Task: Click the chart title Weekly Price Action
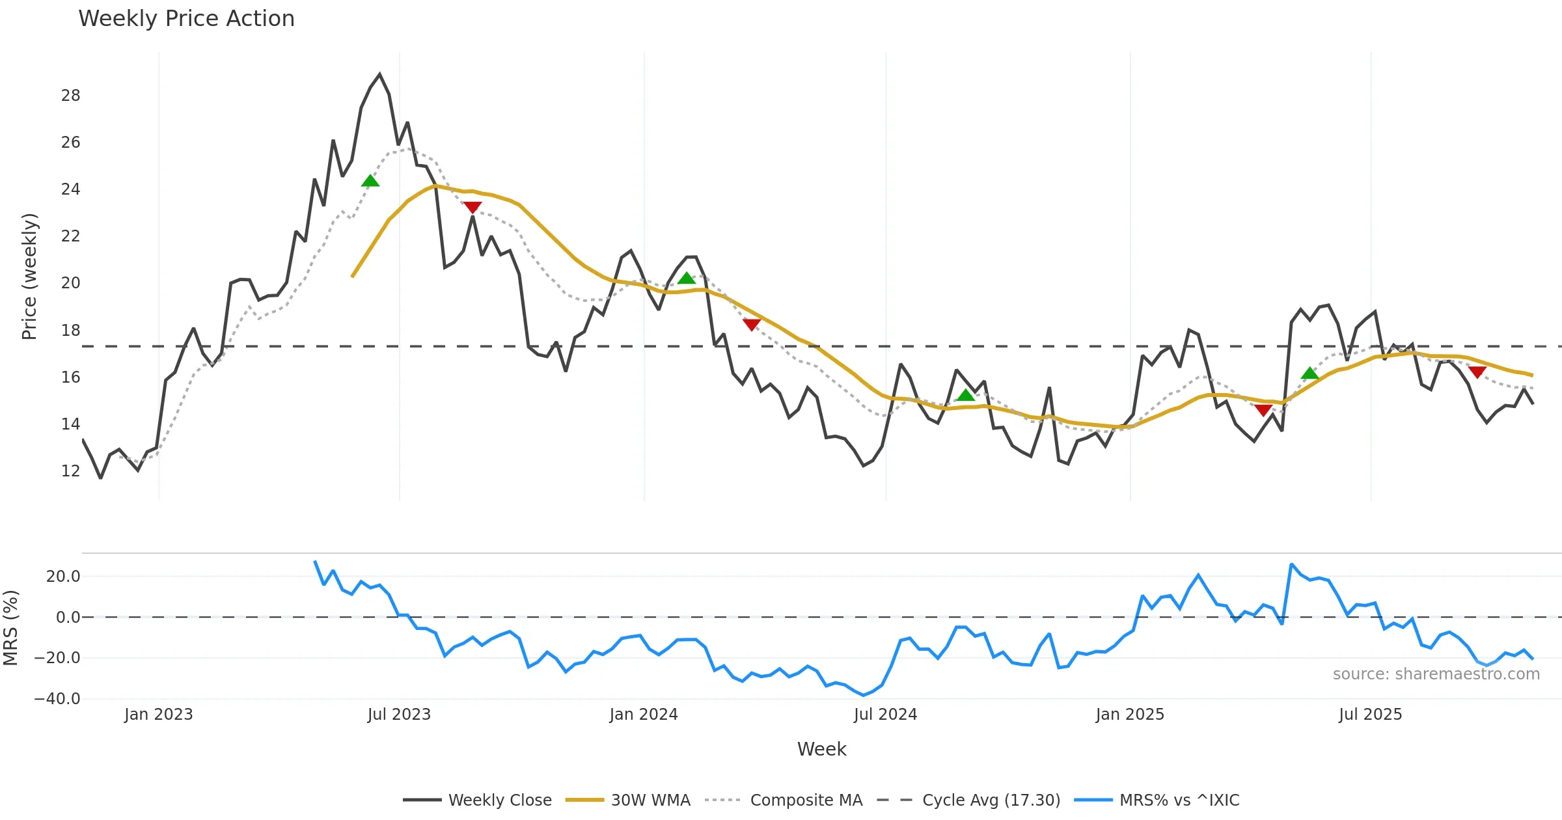(x=186, y=19)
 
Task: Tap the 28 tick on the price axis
(x=70, y=96)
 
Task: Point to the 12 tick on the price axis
(x=70, y=471)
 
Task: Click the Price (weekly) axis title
(x=29, y=277)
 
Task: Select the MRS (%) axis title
(x=10, y=628)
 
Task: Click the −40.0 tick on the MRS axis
(x=57, y=699)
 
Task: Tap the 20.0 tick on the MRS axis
(x=63, y=577)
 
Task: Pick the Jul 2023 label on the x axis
(x=399, y=715)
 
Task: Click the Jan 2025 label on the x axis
(x=1130, y=715)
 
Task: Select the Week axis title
(x=821, y=750)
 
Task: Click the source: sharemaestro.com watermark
(x=1436, y=674)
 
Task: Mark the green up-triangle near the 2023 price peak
(x=370, y=181)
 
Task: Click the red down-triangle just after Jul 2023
(x=473, y=208)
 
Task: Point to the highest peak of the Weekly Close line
(x=380, y=75)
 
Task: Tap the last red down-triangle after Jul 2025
(x=1477, y=372)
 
